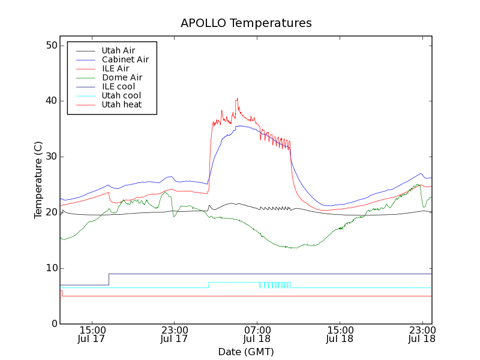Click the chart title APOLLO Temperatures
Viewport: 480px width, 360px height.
[246, 23]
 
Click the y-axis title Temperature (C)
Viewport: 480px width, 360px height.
[38, 180]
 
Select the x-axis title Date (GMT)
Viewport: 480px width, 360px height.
[246, 352]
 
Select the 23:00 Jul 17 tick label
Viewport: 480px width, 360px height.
[174, 334]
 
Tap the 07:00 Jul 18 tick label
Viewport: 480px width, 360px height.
[257, 334]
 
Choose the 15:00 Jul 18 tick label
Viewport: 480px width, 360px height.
[340, 334]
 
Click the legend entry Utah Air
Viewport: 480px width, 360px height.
[118, 50]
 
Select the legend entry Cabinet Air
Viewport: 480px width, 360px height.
[125, 59]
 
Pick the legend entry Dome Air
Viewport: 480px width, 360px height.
[122, 77]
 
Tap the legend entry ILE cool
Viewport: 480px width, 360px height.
[118, 86]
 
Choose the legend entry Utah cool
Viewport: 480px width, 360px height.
[121, 95]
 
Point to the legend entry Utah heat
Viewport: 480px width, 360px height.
[121, 104]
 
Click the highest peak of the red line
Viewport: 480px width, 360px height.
[237, 98]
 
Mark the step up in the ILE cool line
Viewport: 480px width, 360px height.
[109, 279]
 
